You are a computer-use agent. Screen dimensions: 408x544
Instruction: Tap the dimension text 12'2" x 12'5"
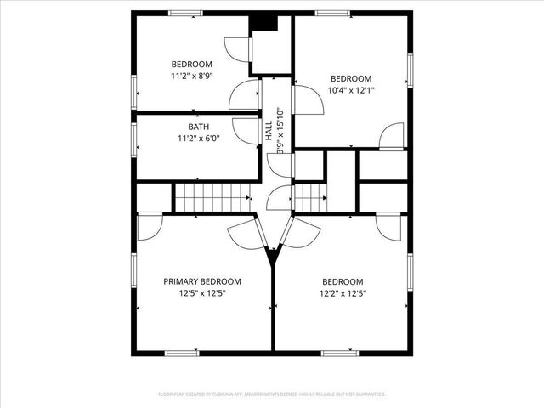343,293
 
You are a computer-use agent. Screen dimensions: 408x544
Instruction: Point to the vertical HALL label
269,131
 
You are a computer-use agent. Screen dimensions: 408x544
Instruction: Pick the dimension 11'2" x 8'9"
191,76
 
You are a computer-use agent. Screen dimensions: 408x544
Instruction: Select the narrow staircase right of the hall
310,198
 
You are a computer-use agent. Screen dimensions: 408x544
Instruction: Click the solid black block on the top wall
267,24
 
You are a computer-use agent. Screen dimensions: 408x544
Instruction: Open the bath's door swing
246,131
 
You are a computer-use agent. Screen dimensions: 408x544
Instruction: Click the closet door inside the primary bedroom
149,225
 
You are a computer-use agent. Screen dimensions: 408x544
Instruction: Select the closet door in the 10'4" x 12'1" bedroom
392,136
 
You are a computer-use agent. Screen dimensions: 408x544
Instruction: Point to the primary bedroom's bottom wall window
181,352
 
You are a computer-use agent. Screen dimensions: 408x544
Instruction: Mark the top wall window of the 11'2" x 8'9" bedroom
184,13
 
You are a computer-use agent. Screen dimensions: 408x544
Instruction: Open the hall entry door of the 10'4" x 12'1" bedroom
308,99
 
